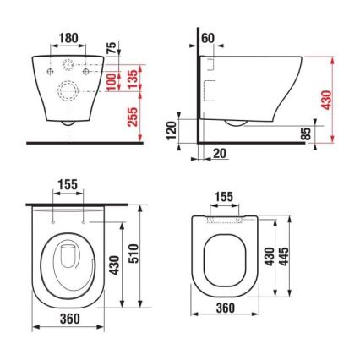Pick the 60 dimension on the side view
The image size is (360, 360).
209,39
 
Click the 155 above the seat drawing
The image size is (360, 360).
224,197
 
